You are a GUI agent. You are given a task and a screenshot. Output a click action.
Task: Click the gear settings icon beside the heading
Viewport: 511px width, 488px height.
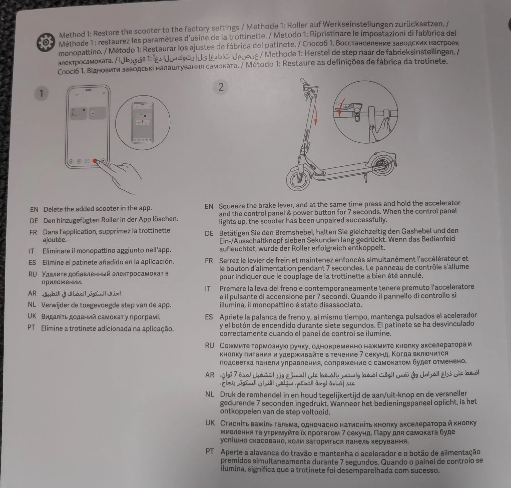click(x=45, y=43)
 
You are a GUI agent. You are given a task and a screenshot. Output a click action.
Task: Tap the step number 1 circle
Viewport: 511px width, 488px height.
click(x=41, y=94)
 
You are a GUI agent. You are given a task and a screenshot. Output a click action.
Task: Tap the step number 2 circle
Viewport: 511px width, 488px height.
click(x=221, y=87)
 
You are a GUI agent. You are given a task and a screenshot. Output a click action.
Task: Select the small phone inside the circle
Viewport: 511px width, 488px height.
click(x=142, y=122)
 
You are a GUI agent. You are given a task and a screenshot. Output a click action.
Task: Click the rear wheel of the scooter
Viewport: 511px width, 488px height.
click(x=380, y=164)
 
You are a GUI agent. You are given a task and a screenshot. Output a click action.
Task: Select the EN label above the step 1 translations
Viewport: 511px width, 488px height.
click(x=34, y=209)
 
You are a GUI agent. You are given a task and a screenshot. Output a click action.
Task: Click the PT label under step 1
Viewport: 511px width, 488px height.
click(x=31, y=328)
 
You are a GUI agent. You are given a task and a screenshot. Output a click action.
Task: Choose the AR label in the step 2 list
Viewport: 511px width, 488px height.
click(x=210, y=375)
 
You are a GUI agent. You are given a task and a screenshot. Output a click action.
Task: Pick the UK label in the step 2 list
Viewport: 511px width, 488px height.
click(x=210, y=423)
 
